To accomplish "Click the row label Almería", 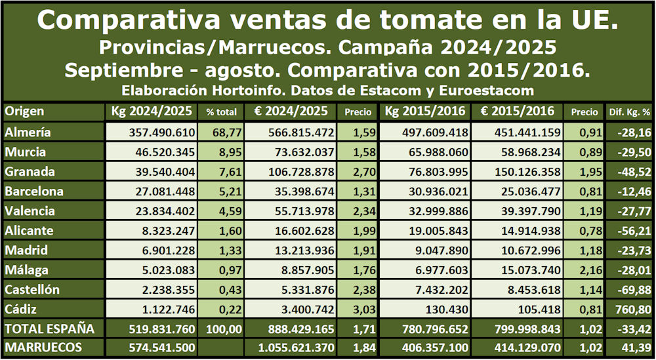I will coord(28,132).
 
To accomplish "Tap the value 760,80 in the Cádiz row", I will coord(634,310).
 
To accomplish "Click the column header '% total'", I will coord(221,112).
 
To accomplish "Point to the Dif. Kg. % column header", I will coord(628,112).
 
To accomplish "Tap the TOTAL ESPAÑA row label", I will coord(49,329).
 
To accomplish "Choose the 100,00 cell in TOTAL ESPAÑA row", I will coord(220,329).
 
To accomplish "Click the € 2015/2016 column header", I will coord(518,111).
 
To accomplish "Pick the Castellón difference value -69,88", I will coord(634,290).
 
